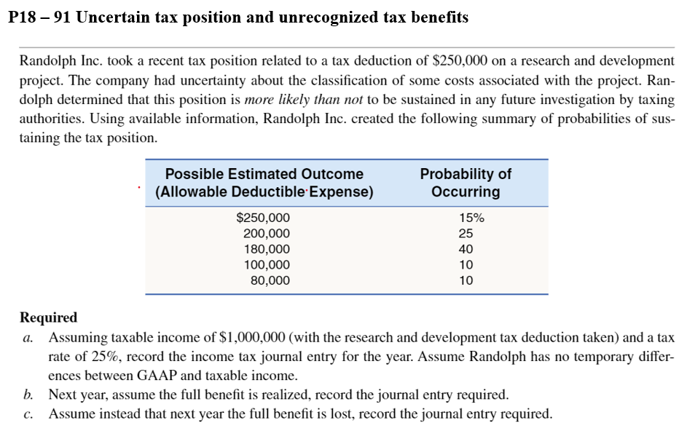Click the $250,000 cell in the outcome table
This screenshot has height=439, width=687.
pos(263,217)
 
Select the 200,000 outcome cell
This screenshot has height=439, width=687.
pos(266,233)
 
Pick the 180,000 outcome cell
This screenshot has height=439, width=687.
pos(266,249)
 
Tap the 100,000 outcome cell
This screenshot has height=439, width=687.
pos(266,265)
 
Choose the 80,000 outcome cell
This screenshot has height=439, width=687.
pos(270,280)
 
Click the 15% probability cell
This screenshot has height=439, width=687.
pos(471,217)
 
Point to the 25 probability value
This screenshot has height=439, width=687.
pos(466,233)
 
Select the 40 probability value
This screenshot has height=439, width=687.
pos(466,249)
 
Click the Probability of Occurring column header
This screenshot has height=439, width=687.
pos(466,183)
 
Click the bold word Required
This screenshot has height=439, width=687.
pos(48,317)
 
